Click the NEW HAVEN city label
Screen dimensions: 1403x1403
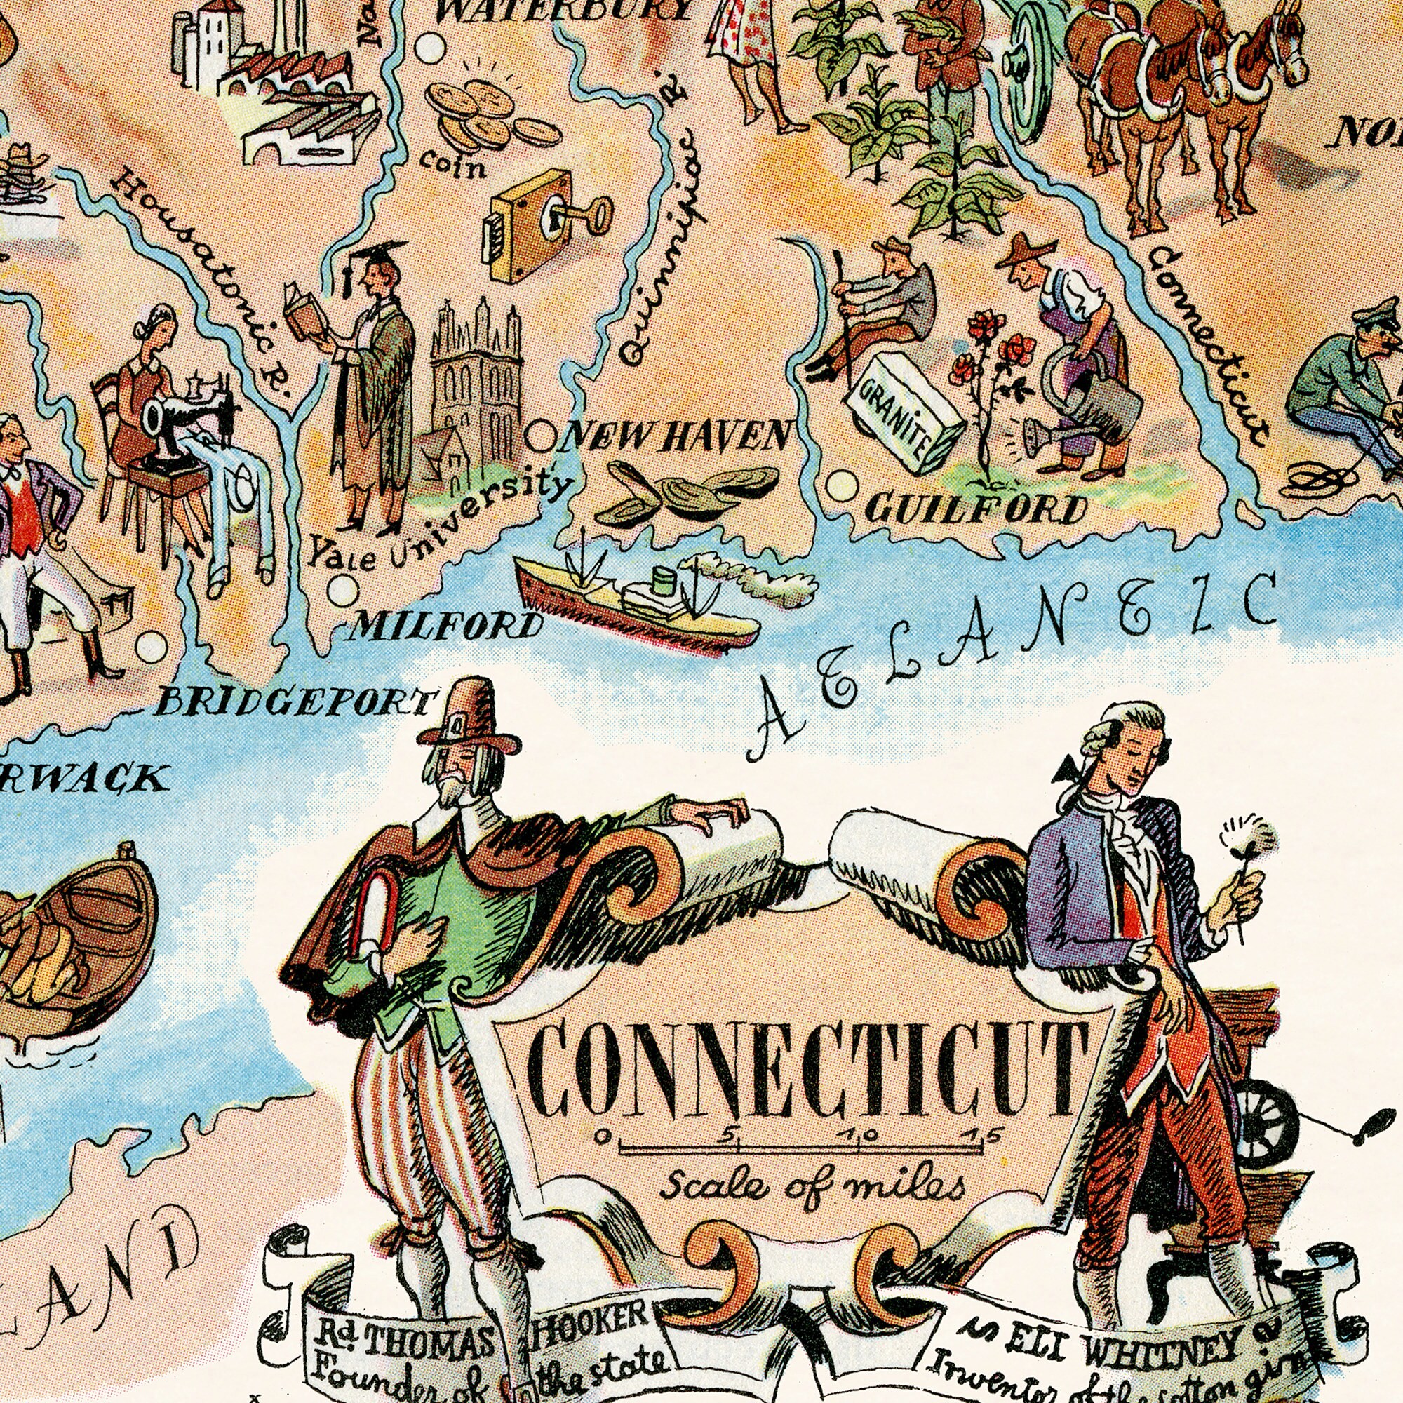point(676,437)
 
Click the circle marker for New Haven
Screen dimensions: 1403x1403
point(539,438)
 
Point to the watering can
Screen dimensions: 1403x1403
point(1086,399)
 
